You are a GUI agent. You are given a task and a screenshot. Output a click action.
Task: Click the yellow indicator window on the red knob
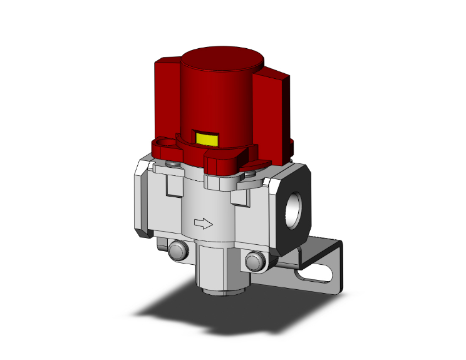click(x=207, y=138)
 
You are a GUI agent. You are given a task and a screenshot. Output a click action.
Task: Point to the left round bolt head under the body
click(x=177, y=251)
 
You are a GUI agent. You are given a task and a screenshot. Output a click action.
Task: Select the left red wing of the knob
click(x=167, y=94)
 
